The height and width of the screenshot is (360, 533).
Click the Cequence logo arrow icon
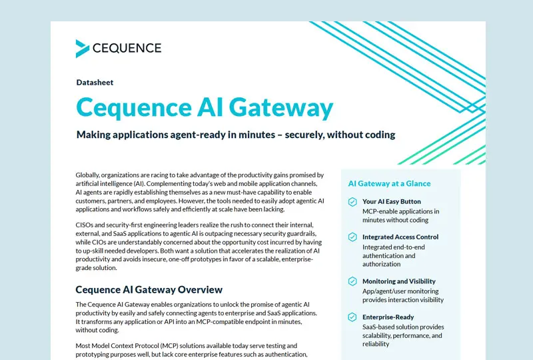[x=82, y=49]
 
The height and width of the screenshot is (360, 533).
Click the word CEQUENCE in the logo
[x=127, y=48]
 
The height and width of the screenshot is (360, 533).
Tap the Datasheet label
[x=95, y=83]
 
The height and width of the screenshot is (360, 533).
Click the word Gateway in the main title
[x=281, y=107]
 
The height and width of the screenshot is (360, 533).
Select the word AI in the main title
[x=211, y=107]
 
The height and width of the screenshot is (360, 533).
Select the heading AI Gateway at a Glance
[x=389, y=183]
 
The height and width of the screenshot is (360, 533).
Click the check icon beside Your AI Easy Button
[x=352, y=202]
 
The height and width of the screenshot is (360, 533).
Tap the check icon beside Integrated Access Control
[x=352, y=237]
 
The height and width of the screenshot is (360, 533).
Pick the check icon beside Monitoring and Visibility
[x=352, y=281]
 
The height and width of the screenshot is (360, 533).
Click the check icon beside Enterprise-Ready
[x=352, y=317]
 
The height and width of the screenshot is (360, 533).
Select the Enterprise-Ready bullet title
[x=388, y=317]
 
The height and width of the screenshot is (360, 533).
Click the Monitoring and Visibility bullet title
[x=398, y=281]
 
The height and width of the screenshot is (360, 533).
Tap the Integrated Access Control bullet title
[x=400, y=237]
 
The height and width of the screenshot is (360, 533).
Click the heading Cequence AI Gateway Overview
[x=149, y=289]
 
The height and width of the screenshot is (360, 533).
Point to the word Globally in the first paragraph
[x=87, y=175]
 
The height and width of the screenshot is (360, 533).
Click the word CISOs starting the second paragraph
[x=85, y=225]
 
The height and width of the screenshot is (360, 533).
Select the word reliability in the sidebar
[x=376, y=344]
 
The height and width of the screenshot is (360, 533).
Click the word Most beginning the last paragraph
[x=82, y=346]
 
